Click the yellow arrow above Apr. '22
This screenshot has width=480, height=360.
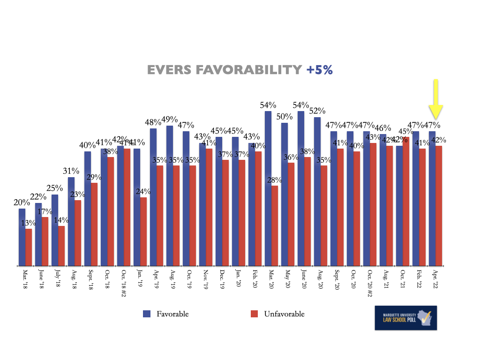coord(435,100)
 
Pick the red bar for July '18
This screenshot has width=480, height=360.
coord(61,247)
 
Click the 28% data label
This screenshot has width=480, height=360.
coord(275,180)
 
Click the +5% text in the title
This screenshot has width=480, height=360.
coord(320,70)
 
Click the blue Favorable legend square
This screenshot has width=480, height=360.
coord(146,314)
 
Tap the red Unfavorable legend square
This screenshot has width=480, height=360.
coord(255,314)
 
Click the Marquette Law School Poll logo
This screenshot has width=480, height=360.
coord(405,318)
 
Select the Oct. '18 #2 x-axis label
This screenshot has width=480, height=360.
coord(124,282)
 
